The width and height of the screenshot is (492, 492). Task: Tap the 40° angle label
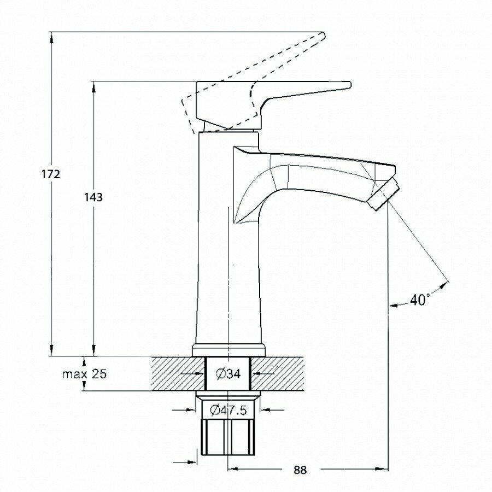point(420,300)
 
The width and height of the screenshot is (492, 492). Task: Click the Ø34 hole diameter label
point(228,374)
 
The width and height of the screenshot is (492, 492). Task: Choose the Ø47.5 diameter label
point(228,409)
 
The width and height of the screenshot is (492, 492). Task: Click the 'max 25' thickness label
point(84,374)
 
